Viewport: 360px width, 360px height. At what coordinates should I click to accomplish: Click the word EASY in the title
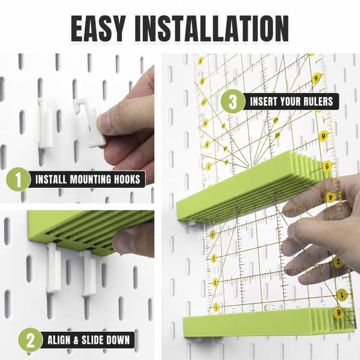click(x=98, y=28)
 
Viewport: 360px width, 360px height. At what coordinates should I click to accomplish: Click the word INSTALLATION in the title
click(x=211, y=28)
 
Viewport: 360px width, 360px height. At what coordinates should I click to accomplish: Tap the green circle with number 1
click(x=18, y=179)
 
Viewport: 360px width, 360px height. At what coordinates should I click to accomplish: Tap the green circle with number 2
click(x=31, y=340)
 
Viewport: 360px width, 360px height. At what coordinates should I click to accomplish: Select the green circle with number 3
click(x=233, y=101)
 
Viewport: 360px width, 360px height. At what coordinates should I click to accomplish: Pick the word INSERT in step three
click(x=263, y=101)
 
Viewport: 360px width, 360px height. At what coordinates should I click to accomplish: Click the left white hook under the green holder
click(x=53, y=269)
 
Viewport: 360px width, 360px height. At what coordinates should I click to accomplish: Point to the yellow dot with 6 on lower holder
click(x=338, y=312)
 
